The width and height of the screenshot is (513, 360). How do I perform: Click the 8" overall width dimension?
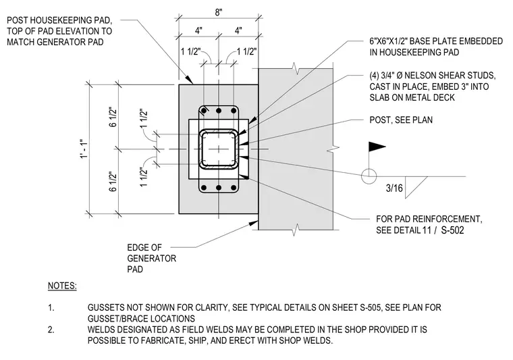(x=219, y=12)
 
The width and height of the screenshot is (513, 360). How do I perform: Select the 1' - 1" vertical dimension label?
(x=84, y=149)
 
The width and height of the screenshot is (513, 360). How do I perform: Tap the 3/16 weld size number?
(x=394, y=188)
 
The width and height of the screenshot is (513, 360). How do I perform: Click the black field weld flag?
(x=377, y=147)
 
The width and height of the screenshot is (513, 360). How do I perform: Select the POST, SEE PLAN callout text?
(x=401, y=120)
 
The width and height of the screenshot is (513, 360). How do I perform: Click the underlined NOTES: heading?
(x=62, y=286)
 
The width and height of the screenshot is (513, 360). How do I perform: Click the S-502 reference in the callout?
(x=452, y=230)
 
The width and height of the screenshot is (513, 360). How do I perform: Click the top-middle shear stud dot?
(x=219, y=111)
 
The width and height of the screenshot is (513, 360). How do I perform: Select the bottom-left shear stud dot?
(x=204, y=188)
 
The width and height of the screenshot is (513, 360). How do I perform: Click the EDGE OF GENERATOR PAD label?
(x=151, y=258)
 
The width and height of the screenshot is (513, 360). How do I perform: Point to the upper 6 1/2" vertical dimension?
(x=113, y=117)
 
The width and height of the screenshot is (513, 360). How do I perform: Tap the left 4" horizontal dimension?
(x=198, y=31)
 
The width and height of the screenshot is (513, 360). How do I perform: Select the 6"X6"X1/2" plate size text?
(x=389, y=41)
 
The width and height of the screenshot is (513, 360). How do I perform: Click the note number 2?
(x=51, y=330)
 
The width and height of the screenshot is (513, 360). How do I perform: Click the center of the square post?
(x=219, y=149)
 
